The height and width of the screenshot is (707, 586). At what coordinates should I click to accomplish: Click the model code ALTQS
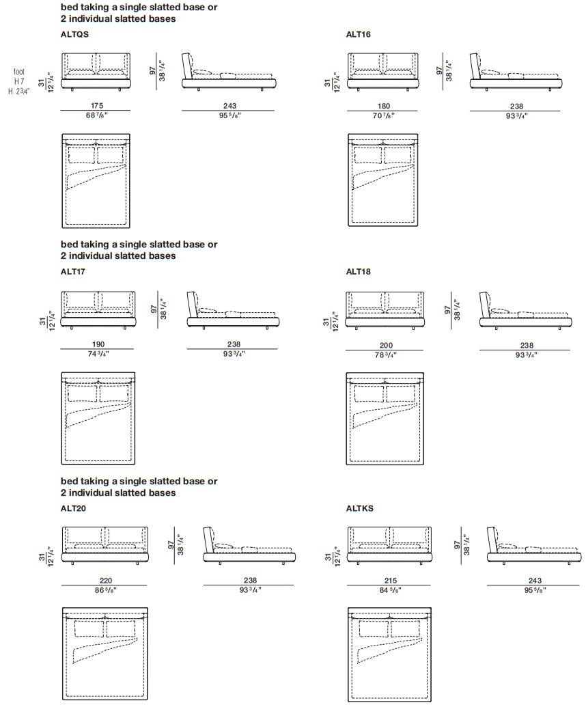coord(74,34)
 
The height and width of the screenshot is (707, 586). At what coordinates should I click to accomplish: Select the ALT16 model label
coord(359,34)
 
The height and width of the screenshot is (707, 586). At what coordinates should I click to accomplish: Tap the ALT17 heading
coord(73,271)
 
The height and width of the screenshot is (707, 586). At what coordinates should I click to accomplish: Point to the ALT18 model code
coord(359,271)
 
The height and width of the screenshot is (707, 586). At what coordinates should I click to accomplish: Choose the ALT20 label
coord(74,508)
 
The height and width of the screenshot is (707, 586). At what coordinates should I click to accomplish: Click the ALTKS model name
coord(360,508)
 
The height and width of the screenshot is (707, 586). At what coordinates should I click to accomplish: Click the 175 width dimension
coord(97,105)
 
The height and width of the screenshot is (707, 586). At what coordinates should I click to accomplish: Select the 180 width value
coord(384,106)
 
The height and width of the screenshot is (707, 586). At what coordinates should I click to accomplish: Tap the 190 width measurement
coord(98,344)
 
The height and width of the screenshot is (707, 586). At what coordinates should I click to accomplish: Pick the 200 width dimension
coord(386,346)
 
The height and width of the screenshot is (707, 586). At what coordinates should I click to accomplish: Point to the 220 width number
coord(105,581)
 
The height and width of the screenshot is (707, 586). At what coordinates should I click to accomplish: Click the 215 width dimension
coord(391,581)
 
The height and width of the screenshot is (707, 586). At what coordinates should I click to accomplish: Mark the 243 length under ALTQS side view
coord(230,105)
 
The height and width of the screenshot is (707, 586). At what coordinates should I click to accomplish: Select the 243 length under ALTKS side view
coord(535,581)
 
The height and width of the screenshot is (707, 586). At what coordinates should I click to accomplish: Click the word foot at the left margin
coord(19,72)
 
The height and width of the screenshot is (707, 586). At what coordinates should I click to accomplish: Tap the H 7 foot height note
coord(19,81)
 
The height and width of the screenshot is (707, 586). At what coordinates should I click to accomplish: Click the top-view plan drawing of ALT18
coord(385,419)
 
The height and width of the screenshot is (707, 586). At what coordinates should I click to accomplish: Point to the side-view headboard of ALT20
coord(209,539)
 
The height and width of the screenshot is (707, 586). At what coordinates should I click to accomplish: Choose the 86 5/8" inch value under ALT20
coord(105,590)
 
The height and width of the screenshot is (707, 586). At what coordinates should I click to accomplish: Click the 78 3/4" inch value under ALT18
coord(385,355)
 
